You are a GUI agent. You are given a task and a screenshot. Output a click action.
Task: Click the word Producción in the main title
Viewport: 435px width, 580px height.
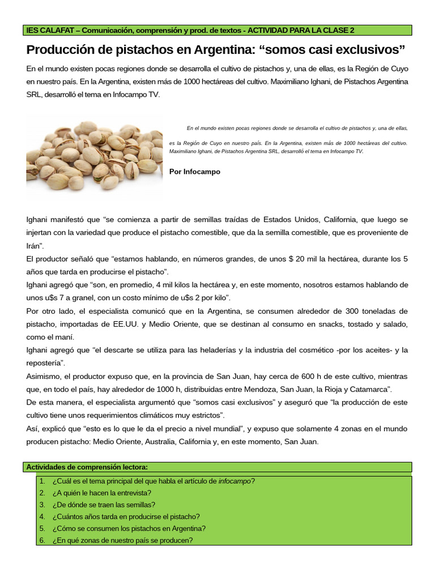click(x=64, y=50)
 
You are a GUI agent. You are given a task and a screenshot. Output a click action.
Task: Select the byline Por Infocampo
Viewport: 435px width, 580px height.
click(x=195, y=172)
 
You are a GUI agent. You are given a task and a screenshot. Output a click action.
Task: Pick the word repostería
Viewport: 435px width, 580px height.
click(x=44, y=363)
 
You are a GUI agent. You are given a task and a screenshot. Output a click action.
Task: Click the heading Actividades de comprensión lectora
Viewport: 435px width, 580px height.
click(x=87, y=467)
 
